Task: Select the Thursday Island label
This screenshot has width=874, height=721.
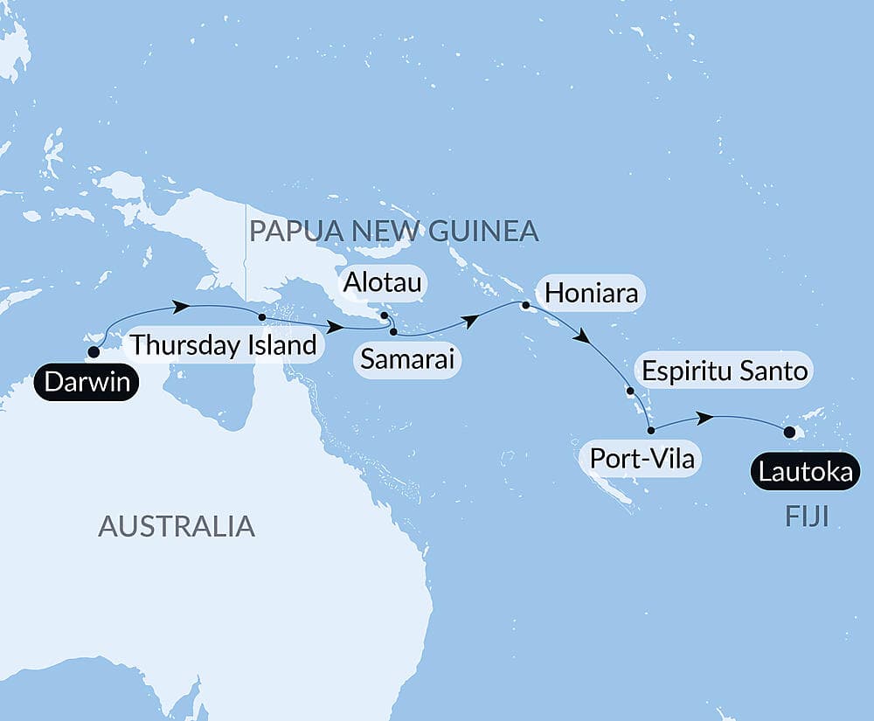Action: pyautogui.click(x=224, y=345)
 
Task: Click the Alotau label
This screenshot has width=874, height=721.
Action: pyautogui.click(x=383, y=283)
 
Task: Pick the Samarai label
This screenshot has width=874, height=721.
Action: pyautogui.click(x=407, y=360)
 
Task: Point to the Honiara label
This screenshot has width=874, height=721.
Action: pyautogui.click(x=591, y=293)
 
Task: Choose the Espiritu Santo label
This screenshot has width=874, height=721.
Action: pyautogui.click(x=724, y=371)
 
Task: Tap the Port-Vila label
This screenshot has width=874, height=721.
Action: pyautogui.click(x=642, y=458)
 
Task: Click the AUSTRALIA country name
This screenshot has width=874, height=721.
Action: pyautogui.click(x=177, y=526)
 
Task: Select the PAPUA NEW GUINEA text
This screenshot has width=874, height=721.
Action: pyautogui.click(x=393, y=232)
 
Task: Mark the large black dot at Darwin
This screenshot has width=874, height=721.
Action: pyautogui.click(x=93, y=353)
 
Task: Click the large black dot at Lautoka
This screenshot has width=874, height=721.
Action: pyautogui.click(x=790, y=432)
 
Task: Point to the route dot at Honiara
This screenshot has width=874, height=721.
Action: pyautogui.click(x=525, y=306)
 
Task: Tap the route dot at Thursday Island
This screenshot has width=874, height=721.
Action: pyautogui.click(x=261, y=316)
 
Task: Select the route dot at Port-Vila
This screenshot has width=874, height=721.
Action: pyautogui.click(x=650, y=430)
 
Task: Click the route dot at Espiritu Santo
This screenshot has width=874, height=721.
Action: pyautogui.click(x=629, y=392)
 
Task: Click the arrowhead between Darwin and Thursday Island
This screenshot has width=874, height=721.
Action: pyautogui.click(x=182, y=307)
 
